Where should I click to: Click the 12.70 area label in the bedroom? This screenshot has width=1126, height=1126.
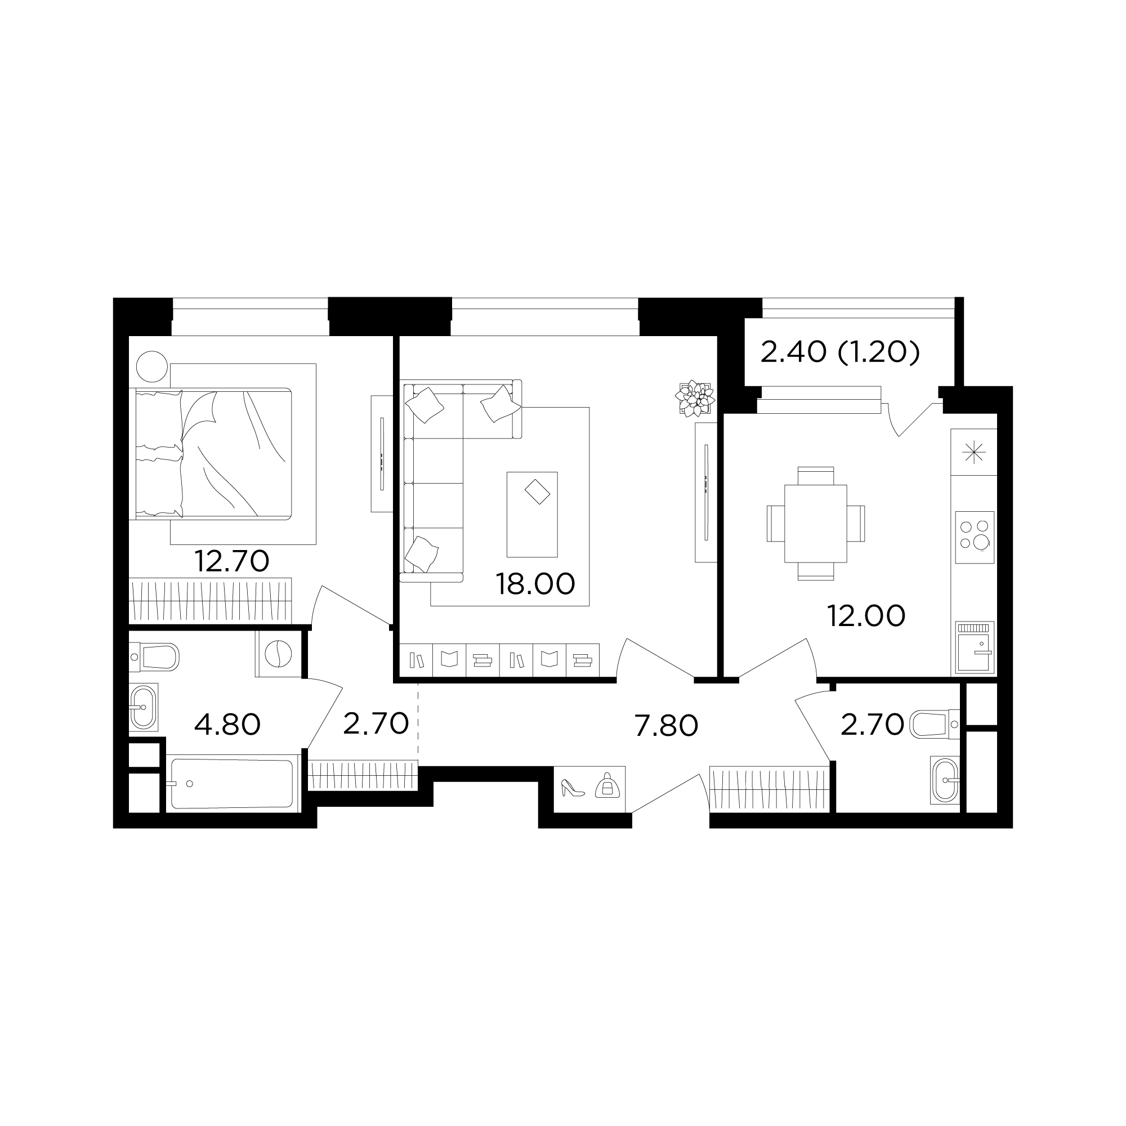231,561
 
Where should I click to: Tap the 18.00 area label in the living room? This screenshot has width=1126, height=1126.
535,584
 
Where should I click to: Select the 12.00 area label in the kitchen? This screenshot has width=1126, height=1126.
866,616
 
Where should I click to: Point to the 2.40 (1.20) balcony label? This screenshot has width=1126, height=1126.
840,352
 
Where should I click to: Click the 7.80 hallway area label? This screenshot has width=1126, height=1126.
666,726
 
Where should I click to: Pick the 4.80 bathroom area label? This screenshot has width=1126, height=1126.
227,725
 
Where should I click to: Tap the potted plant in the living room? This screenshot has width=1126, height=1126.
695,398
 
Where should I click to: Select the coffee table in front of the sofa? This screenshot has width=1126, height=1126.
532,515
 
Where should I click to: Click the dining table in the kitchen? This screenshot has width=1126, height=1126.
815,524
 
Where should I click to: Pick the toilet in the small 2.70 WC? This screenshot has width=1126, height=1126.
934,724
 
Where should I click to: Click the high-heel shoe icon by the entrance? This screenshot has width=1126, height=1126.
573,788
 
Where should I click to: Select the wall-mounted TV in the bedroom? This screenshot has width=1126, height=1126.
382,453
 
